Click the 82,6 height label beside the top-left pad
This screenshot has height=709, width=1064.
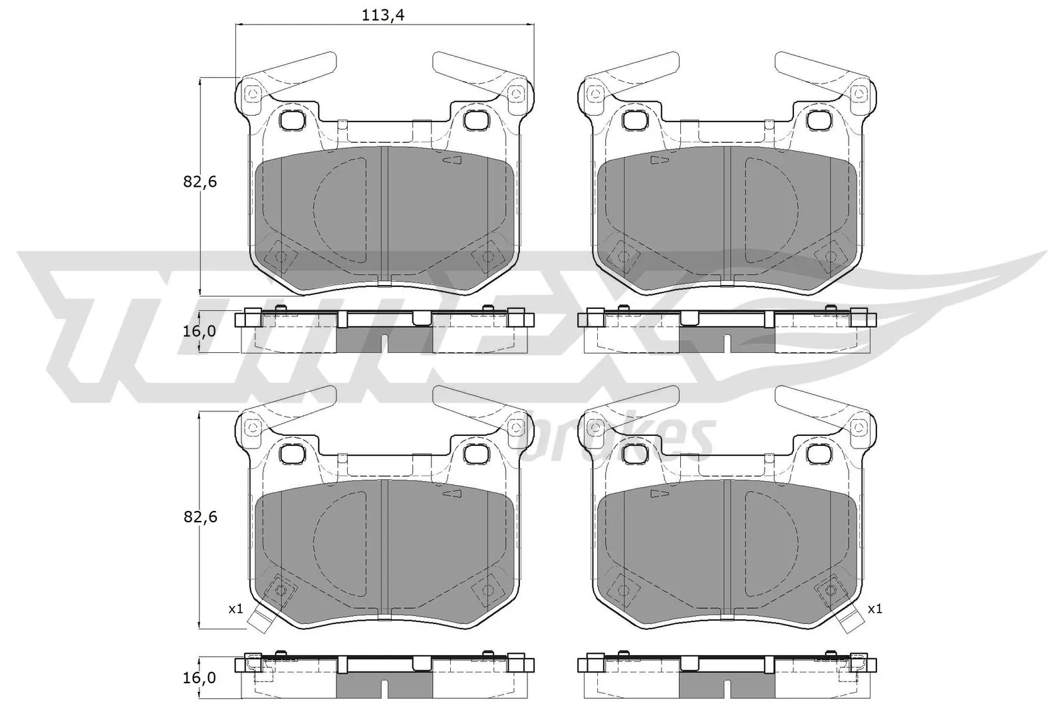201,181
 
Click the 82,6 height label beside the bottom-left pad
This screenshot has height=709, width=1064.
201,516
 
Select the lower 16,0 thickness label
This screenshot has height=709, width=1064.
199,678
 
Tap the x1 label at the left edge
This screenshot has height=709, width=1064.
236,609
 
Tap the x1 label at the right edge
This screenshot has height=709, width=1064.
874,609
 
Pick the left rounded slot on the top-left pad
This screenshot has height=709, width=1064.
291,120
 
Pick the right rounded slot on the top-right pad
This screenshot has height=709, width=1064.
817,120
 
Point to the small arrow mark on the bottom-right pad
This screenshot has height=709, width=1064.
660,494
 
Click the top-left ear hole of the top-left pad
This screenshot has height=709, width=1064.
251,94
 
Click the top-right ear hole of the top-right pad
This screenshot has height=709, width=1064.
861,94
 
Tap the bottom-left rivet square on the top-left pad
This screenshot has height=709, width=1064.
280,256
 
